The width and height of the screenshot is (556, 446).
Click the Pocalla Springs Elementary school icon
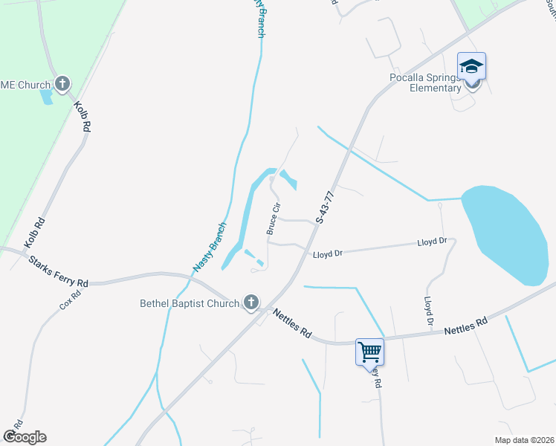pyautogui.click(x=471, y=68)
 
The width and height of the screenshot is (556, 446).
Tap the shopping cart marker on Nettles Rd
pyautogui.click(x=369, y=352)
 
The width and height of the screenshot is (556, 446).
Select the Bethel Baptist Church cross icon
pyautogui.click(x=251, y=302)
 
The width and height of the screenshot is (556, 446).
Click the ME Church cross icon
pyautogui.click(x=62, y=83)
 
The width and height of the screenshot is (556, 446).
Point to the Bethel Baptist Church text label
pyautogui.click(x=190, y=303)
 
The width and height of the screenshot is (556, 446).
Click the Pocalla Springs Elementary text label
pyautogui.click(x=425, y=83)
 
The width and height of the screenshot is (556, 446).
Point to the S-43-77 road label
pyautogui.click(x=325, y=207)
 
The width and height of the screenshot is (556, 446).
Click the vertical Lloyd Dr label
pyautogui.click(x=428, y=313)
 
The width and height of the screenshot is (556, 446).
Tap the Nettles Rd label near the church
pyautogui.click(x=291, y=323)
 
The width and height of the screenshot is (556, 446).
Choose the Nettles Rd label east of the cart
pyautogui.click(x=466, y=326)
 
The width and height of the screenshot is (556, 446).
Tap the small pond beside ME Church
pyautogui.click(x=48, y=97)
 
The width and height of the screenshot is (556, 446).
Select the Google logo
pyautogui.click(x=24, y=436)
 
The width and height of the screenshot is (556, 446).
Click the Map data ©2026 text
pyautogui.click(x=523, y=440)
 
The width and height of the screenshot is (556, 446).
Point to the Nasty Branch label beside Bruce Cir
pyautogui.click(x=209, y=246)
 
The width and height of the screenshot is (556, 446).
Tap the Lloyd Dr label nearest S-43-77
pyautogui.click(x=328, y=253)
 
